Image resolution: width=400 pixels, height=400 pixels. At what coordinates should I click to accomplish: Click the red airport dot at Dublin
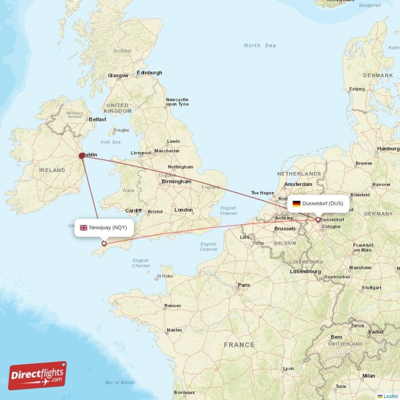pyautogui.click(x=82, y=155)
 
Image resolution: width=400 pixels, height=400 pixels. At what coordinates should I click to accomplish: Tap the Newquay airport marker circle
pyautogui.click(x=104, y=244)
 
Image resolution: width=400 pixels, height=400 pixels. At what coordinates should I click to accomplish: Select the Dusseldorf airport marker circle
pyautogui.click(x=317, y=219)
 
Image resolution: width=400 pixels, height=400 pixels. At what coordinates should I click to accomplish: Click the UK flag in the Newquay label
pyautogui.click(x=83, y=227)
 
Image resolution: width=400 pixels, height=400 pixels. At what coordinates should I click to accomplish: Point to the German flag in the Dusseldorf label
pyautogui.click(x=296, y=203)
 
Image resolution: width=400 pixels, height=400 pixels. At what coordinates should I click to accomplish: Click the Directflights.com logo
pyautogui.click(x=37, y=375)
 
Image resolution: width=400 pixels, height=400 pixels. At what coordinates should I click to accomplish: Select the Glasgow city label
pyautogui.click(x=118, y=75)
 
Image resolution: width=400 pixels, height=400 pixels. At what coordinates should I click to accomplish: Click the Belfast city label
pyautogui.click(x=97, y=119)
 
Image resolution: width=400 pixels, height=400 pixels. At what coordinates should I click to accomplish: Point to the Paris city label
pyautogui.click(x=244, y=285)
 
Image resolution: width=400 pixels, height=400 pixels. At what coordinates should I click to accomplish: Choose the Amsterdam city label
pyautogui.click(x=298, y=184)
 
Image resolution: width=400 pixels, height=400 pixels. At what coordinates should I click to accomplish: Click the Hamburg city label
pyautogui.click(x=388, y=148)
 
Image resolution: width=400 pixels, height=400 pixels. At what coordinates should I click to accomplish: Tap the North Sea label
pyautogui.click(x=259, y=45)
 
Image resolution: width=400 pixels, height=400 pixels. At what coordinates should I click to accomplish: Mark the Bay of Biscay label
pyautogui.click(x=120, y=382)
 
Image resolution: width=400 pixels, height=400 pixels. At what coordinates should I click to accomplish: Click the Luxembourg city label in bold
pyautogui.click(x=305, y=271)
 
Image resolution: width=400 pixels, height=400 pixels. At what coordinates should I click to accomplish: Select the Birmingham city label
pyautogui.click(x=176, y=181)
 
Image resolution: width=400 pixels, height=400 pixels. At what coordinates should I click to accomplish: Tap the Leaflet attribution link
pyautogui.click(x=390, y=396)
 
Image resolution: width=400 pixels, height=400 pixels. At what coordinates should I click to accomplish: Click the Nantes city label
pyautogui.click(x=174, y=330)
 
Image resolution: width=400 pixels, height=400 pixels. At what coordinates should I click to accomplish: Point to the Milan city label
pyautogui.click(x=368, y=376)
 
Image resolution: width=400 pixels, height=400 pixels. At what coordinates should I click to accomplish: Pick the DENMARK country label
pyautogui.click(x=378, y=75)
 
